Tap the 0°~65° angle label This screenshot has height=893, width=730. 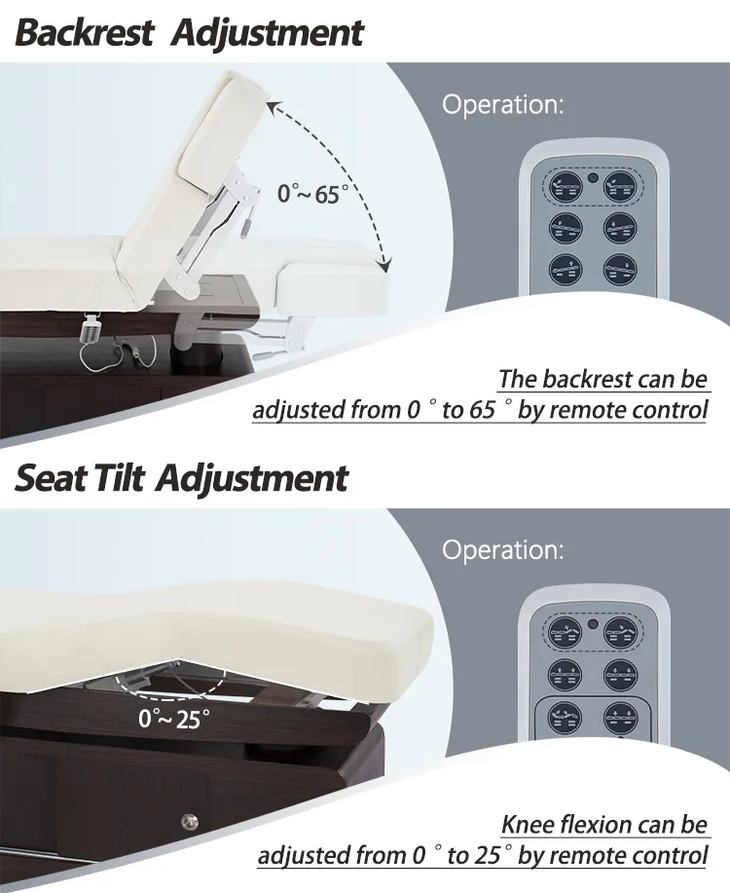coord(312,193)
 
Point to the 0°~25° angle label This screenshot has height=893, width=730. coord(174,722)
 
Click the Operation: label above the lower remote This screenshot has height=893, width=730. coord(502,550)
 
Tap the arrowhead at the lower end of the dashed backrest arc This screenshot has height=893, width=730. coord(385,265)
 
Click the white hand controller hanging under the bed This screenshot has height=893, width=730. coord(95,326)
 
